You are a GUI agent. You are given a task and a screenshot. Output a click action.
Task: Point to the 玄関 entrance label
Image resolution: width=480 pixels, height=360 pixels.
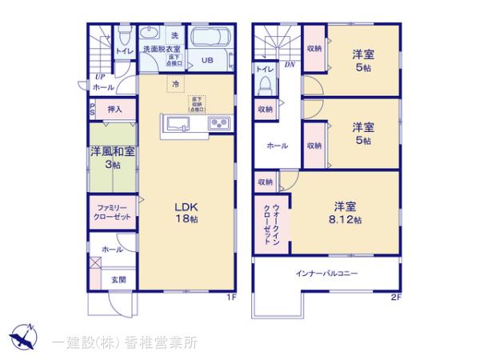(118, 279)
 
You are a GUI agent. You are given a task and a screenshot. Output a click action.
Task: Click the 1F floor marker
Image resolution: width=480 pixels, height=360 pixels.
(230, 298)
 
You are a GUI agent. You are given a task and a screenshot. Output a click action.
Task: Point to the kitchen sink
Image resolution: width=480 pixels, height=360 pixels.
(178, 124)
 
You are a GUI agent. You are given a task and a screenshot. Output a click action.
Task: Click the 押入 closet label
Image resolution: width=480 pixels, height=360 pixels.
(114, 109)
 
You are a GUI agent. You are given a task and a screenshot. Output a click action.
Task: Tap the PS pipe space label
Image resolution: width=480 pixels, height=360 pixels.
(92, 110)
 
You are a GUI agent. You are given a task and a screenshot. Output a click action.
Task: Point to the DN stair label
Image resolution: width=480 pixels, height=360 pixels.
(290, 64)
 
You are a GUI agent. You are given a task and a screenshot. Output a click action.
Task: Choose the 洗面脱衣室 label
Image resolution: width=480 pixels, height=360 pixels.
(161, 50)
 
